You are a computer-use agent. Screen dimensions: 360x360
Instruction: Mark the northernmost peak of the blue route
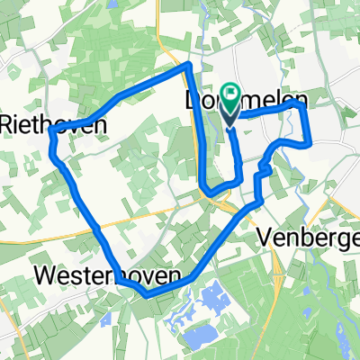[187, 66]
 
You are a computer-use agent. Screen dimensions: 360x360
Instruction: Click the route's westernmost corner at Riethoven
[52, 130]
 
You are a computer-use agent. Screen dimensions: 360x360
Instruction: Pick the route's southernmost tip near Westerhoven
[144, 292]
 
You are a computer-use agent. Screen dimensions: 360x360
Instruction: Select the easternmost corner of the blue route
[310, 141]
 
